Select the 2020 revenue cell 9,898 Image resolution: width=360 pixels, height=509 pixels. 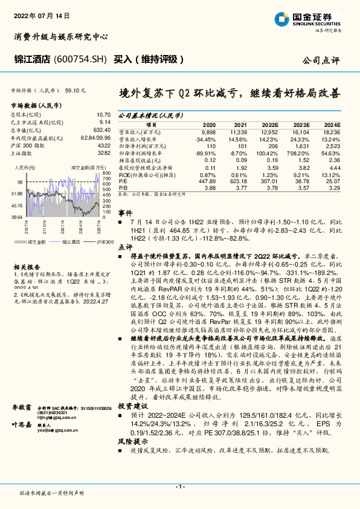pos(207,131)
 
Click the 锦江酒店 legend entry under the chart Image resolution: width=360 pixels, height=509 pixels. pos(71,241)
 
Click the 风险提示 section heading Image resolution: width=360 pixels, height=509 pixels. pos(129,459)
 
